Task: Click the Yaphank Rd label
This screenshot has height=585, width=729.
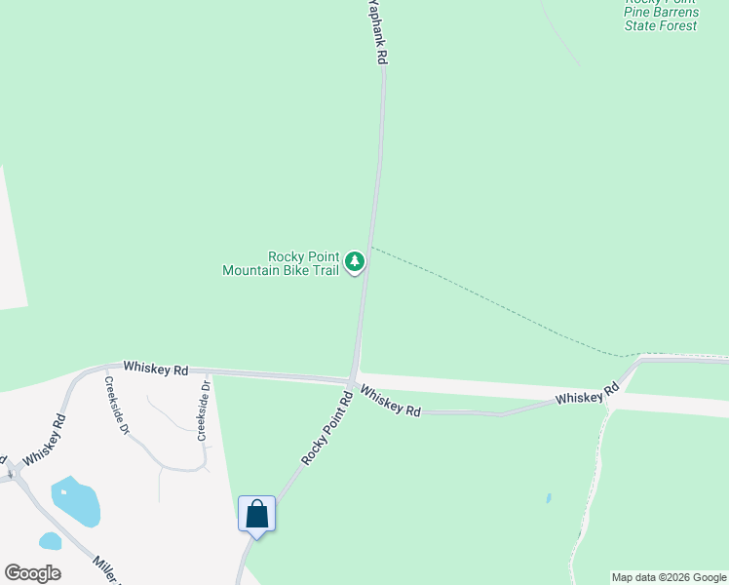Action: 376,32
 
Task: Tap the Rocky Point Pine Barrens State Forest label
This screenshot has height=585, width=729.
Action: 662,14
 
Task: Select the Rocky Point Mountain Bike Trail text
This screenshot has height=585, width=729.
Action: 281,263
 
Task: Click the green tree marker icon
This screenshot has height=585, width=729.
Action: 356,261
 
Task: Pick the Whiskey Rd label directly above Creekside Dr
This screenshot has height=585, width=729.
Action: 155,370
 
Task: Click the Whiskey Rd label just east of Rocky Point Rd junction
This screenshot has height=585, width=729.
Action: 390,401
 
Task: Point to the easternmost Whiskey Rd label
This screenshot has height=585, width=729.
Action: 588,395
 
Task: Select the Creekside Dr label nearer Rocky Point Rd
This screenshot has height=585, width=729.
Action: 204,410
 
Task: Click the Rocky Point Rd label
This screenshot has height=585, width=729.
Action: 326,428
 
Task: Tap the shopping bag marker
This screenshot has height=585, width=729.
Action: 257,513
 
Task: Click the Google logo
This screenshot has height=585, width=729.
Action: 32,573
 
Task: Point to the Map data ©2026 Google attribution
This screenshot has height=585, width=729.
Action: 669,577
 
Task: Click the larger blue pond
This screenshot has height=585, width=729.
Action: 75,500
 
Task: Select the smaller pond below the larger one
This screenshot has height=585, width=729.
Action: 50,541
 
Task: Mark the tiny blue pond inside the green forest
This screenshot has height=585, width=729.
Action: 549,498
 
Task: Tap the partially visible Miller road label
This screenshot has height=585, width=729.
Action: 106,569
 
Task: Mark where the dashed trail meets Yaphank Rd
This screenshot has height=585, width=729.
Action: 370,246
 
